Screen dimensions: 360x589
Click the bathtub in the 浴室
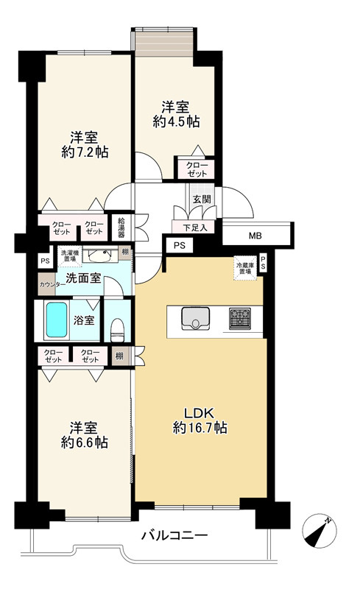tap(57, 320)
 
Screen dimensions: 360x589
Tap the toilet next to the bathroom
tap(118, 329)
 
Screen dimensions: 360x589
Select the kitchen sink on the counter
tap(195, 319)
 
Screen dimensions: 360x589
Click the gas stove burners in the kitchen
tap(240, 319)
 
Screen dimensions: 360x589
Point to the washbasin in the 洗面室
tap(99, 255)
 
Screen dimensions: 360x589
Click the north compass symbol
tap(320, 531)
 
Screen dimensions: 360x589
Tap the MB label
tap(255, 236)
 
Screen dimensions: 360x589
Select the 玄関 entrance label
tap(202, 199)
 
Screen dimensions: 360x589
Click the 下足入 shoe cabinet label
tap(194, 228)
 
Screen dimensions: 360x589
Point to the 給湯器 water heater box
tap(122, 228)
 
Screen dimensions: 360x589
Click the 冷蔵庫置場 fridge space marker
tap(245, 268)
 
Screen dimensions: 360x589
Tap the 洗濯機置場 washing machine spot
tap(69, 256)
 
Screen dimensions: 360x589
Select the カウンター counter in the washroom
tap(47, 284)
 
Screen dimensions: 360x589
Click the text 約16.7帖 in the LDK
tap(200, 428)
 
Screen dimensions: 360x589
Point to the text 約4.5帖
tap(176, 121)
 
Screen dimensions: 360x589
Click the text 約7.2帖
tap(85, 152)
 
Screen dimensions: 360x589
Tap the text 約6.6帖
tap(85, 442)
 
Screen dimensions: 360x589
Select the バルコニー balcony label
tap(174, 535)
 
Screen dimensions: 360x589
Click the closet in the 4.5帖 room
tap(197, 169)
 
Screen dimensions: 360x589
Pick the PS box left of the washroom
tap(46, 261)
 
